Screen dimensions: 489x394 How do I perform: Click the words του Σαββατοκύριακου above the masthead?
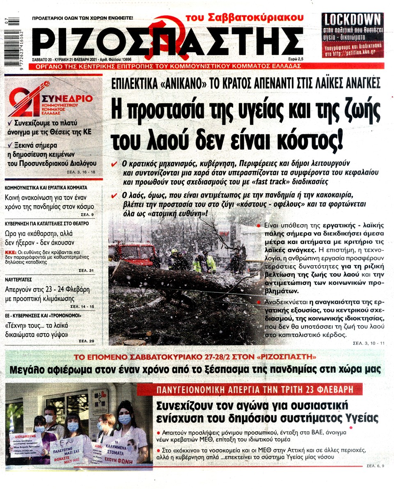(x=245, y=18)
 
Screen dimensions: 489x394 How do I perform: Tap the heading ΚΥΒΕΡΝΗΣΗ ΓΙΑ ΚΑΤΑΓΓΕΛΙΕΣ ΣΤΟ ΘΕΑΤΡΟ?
(x=46, y=223)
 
